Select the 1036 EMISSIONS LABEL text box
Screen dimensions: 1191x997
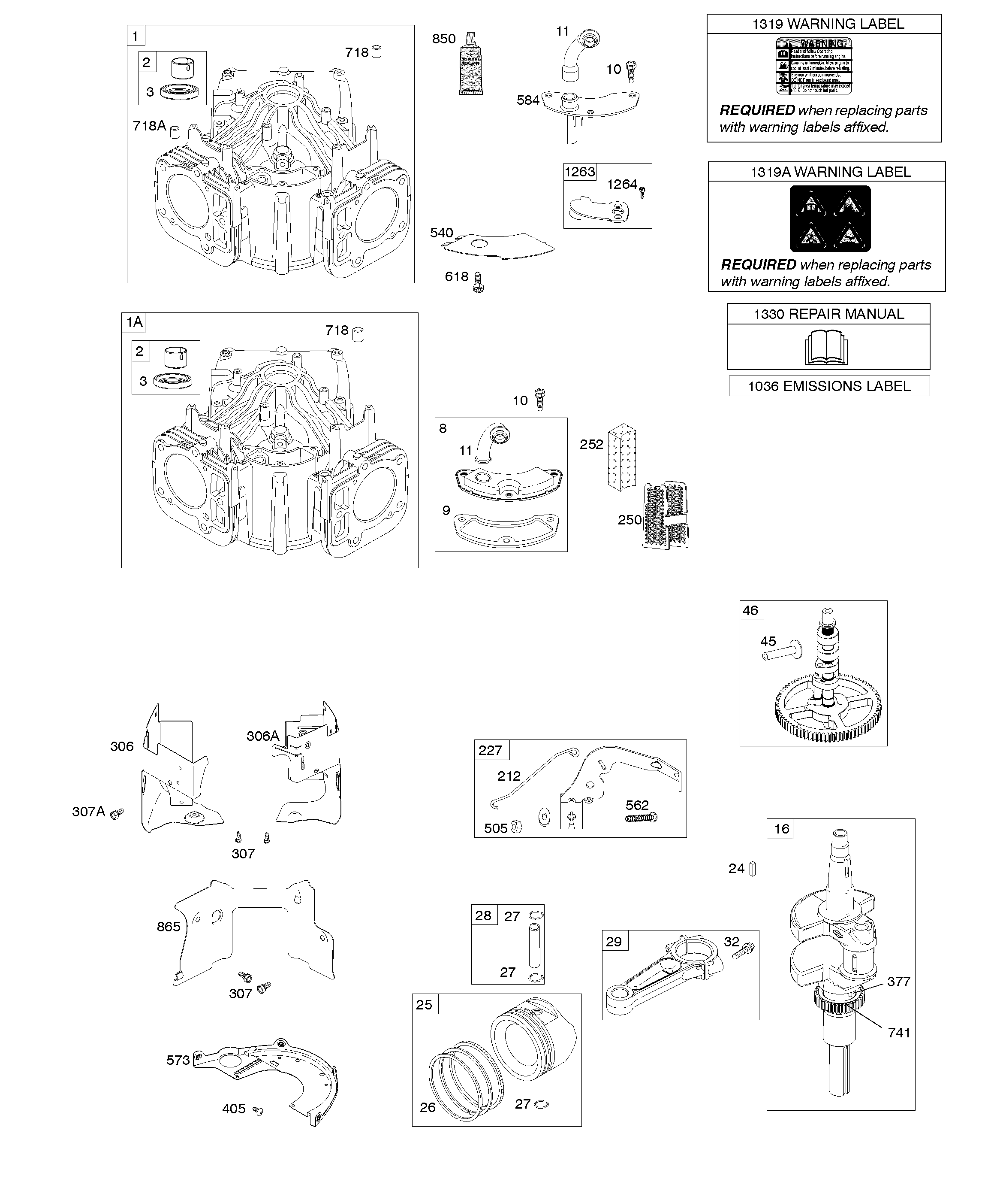828,386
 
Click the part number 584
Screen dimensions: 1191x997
528,100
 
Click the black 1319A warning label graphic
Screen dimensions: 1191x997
830,218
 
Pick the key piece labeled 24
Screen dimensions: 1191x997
753,869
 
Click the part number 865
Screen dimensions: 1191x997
169,927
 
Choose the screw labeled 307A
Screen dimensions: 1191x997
117,813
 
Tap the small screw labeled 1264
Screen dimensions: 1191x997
642,193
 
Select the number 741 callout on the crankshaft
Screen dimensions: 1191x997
899,1033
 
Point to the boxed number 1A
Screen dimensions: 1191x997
134,323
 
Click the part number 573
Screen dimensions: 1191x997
178,1060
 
